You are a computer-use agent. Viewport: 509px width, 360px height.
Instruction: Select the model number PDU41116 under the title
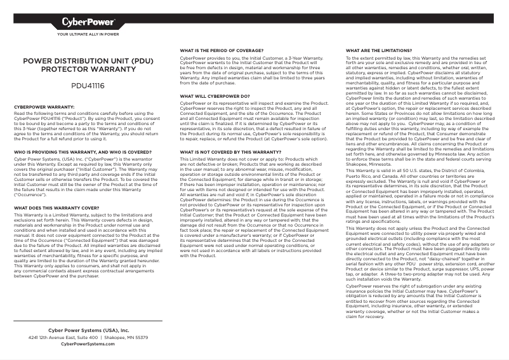[88, 84]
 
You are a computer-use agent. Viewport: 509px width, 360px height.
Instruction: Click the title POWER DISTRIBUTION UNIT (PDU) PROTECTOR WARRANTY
[88, 65]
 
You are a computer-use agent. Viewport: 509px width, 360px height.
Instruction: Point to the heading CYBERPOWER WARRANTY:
[44, 107]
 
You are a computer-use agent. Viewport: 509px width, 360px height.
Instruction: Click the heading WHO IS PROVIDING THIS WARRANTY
[82, 152]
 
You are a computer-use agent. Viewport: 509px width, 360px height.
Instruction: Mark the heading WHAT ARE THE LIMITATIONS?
[379, 50]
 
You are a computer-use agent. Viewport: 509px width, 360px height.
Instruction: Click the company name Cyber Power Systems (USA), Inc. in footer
[88, 331]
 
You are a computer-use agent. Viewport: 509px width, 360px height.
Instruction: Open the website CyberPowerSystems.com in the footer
[88, 344]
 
